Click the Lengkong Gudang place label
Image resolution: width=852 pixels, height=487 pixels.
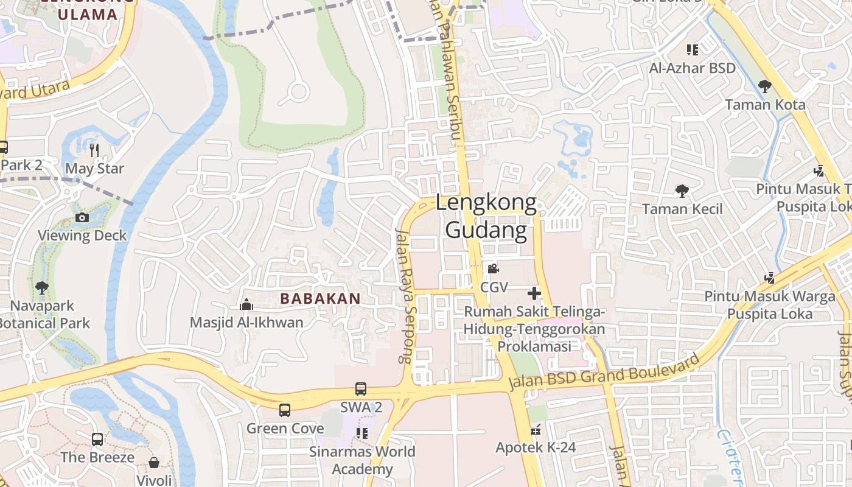(486, 217)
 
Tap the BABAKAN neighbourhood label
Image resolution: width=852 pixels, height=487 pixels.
(320, 299)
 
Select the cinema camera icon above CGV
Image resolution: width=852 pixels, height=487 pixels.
(493, 268)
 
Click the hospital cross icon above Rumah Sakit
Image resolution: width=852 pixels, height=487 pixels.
(534, 293)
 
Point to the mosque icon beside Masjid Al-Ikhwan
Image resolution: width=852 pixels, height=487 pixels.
(246, 304)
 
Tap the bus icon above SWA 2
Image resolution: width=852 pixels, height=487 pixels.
(361, 388)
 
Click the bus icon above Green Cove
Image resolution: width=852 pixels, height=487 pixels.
(285, 410)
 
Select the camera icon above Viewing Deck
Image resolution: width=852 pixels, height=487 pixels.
(82, 217)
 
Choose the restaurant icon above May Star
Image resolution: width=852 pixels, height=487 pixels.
(94, 150)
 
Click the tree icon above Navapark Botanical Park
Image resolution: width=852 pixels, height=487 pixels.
(42, 287)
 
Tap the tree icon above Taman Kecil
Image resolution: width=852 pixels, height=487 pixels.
(682, 191)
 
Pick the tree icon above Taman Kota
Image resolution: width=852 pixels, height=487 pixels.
(765, 86)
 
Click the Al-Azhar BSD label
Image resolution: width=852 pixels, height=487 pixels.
(692, 68)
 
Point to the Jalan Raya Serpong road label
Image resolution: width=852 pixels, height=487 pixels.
(405, 296)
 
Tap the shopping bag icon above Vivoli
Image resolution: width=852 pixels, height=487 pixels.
(154, 463)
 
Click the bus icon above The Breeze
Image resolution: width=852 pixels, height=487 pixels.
(97, 439)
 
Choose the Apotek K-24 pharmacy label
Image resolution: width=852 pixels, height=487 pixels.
(536, 447)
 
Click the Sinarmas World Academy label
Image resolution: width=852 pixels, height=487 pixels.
(362, 460)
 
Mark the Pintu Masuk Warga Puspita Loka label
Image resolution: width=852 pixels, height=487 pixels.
(770, 305)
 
